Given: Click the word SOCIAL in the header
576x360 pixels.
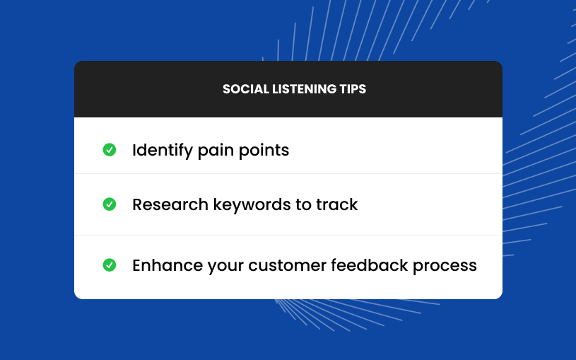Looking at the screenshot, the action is pyautogui.click(x=246, y=89).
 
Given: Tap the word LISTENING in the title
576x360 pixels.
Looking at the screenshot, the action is pyautogui.click(x=304, y=89).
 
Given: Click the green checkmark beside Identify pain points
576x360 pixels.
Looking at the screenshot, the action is pyautogui.click(x=110, y=150).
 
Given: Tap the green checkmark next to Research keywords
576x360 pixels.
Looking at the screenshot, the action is pyautogui.click(x=110, y=204).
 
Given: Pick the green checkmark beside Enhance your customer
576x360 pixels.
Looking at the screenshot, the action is pyautogui.click(x=110, y=265).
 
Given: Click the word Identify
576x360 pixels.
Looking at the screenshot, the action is pyautogui.click(x=163, y=151).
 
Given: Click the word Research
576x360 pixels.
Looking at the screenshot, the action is pyautogui.click(x=170, y=204).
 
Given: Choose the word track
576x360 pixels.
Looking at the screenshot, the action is pyautogui.click(x=337, y=204).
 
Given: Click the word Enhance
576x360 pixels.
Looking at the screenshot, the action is pyautogui.click(x=167, y=265).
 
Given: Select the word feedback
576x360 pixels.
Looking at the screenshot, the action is pyautogui.click(x=370, y=265).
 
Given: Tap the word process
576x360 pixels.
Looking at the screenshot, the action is pyautogui.click(x=445, y=266).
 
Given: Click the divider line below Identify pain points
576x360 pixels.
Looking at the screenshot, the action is pyautogui.click(x=288, y=173).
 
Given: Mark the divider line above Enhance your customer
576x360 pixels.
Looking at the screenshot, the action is pyautogui.click(x=288, y=235).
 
